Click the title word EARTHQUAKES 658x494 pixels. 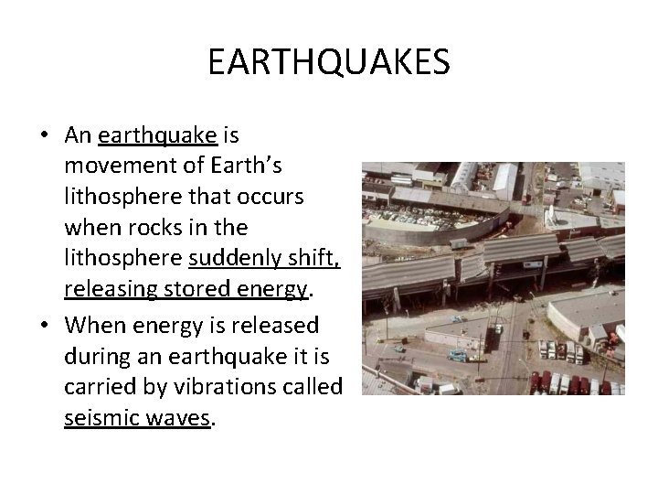click(328, 63)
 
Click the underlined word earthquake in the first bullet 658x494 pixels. click(157, 136)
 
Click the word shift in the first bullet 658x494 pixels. click(317, 261)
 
